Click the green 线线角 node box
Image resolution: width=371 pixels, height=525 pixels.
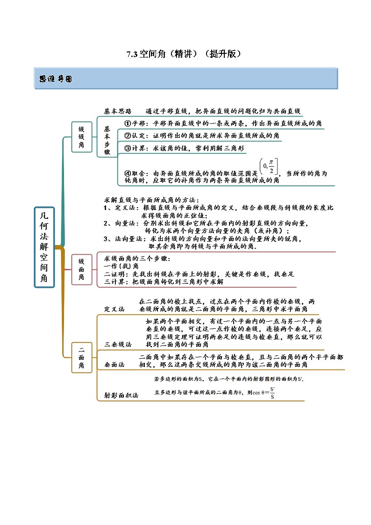click(x=81, y=137)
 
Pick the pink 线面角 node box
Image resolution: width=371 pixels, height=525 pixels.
click(x=81, y=270)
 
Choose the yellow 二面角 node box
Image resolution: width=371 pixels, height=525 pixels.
click(x=81, y=357)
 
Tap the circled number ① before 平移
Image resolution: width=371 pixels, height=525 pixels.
click(x=127, y=123)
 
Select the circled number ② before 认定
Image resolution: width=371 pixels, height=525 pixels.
click(x=127, y=136)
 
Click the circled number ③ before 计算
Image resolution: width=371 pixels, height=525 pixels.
click(x=127, y=148)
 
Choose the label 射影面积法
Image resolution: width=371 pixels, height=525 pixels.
click(x=121, y=395)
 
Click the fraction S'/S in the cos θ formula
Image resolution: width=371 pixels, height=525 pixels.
click(x=272, y=393)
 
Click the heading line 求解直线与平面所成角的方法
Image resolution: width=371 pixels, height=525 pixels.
click(x=151, y=200)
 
